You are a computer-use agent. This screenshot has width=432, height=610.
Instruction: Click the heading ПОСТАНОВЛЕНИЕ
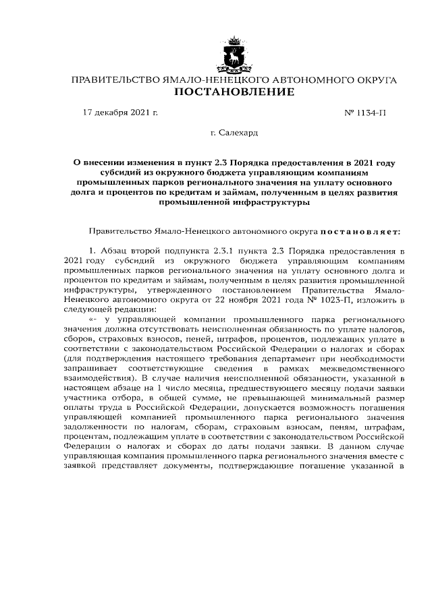(234, 92)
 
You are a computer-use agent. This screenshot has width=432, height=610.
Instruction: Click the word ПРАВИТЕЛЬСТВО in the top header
(112, 80)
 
